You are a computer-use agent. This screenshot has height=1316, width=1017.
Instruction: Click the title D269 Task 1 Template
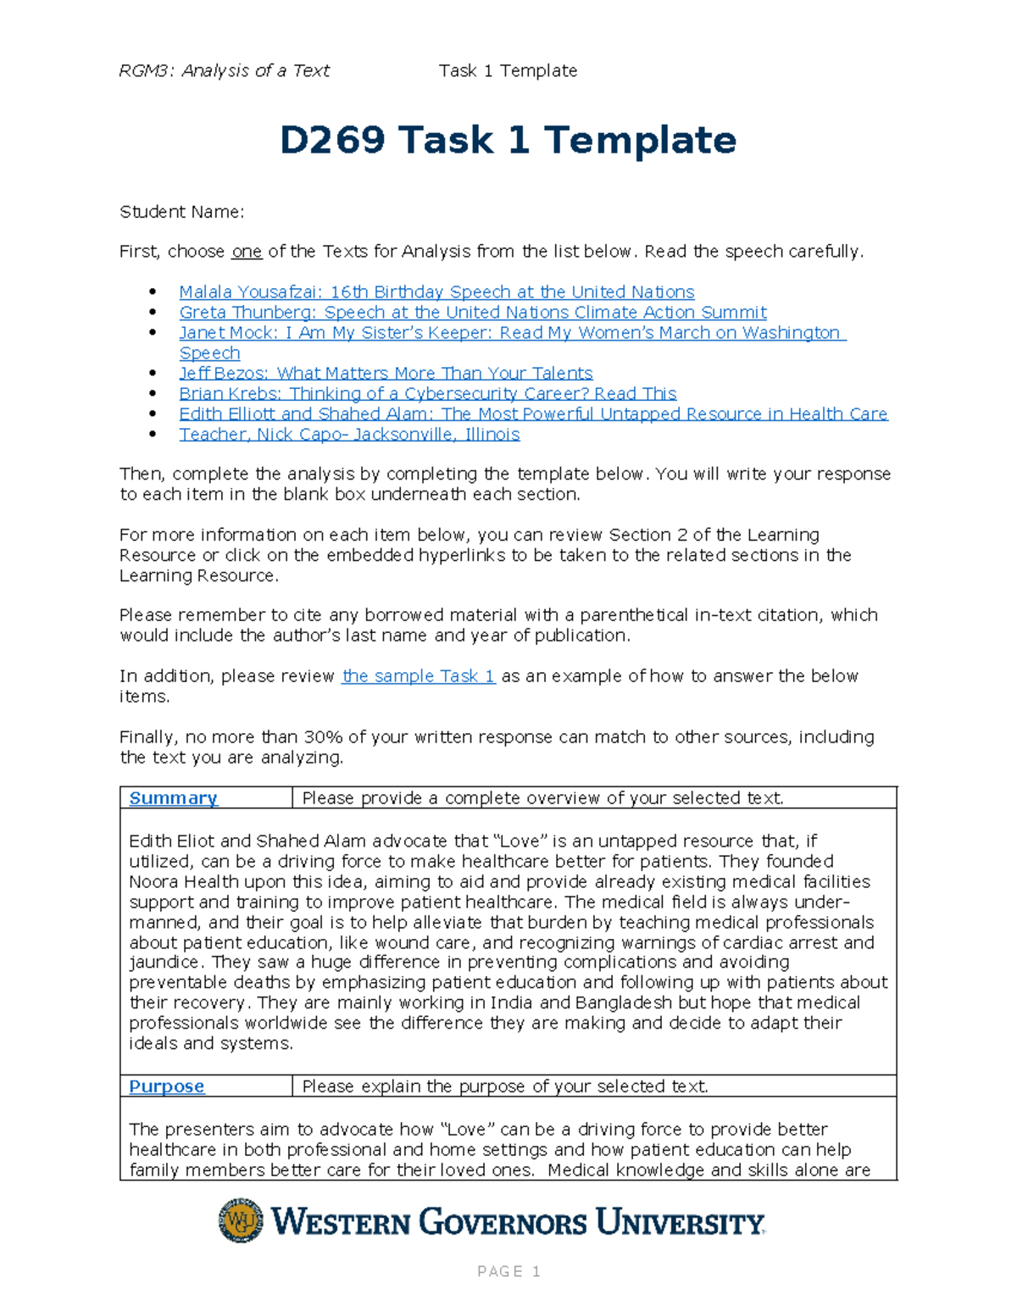[508, 141]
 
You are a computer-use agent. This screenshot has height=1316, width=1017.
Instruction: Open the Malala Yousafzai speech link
[436, 292]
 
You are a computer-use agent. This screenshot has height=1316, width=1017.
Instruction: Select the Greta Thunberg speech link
[472, 313]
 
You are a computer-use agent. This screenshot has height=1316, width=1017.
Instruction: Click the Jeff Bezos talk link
[386, 374]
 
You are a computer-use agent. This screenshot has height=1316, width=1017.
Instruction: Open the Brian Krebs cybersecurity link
[427, 394]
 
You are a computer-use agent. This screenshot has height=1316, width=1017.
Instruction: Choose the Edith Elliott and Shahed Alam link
[533, 414]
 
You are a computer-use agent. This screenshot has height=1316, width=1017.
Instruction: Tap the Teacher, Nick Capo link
[349, 435]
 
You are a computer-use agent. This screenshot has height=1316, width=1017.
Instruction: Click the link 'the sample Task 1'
[418, 676]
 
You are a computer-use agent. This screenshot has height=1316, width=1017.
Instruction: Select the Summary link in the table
[173, 798]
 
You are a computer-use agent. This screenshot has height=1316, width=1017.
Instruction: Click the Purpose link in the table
[166, 1086]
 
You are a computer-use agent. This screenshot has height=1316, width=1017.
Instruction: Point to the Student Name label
[181, 212]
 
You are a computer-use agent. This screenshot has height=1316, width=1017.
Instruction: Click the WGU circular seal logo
[241, 1220]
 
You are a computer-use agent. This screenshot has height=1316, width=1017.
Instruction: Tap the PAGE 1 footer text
[508, 1271]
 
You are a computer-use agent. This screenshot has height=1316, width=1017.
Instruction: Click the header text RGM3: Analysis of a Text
[224, 71]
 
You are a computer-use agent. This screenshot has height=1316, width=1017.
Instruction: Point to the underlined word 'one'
[247, 252]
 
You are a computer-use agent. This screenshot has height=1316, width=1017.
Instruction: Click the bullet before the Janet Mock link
[153, 333]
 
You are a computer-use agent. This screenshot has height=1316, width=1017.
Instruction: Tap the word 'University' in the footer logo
[680, 1223]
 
